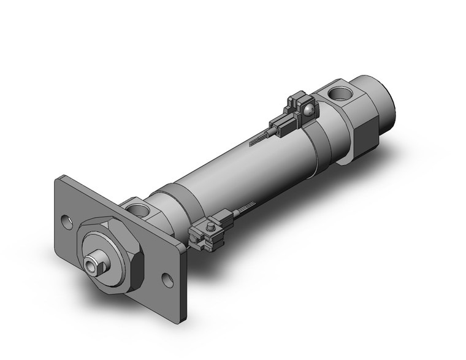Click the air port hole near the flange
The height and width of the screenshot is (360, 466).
pyautogui.click(x=142, y=211)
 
